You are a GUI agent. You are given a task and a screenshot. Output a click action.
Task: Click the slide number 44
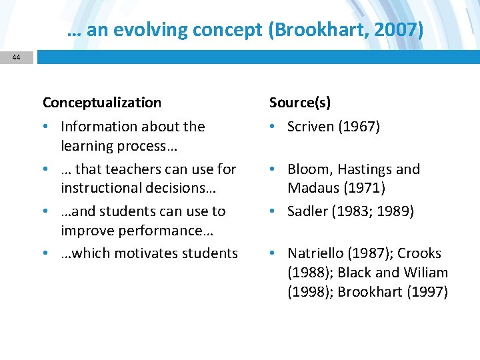16,57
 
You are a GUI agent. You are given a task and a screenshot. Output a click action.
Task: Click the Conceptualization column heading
102,103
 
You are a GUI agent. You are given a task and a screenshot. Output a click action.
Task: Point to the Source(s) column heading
300,103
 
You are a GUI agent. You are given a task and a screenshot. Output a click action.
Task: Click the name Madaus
312,189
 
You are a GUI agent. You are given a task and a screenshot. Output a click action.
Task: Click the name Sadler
306,211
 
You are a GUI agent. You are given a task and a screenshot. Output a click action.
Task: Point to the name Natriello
316,253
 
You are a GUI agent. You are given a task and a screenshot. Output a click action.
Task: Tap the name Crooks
419,253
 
